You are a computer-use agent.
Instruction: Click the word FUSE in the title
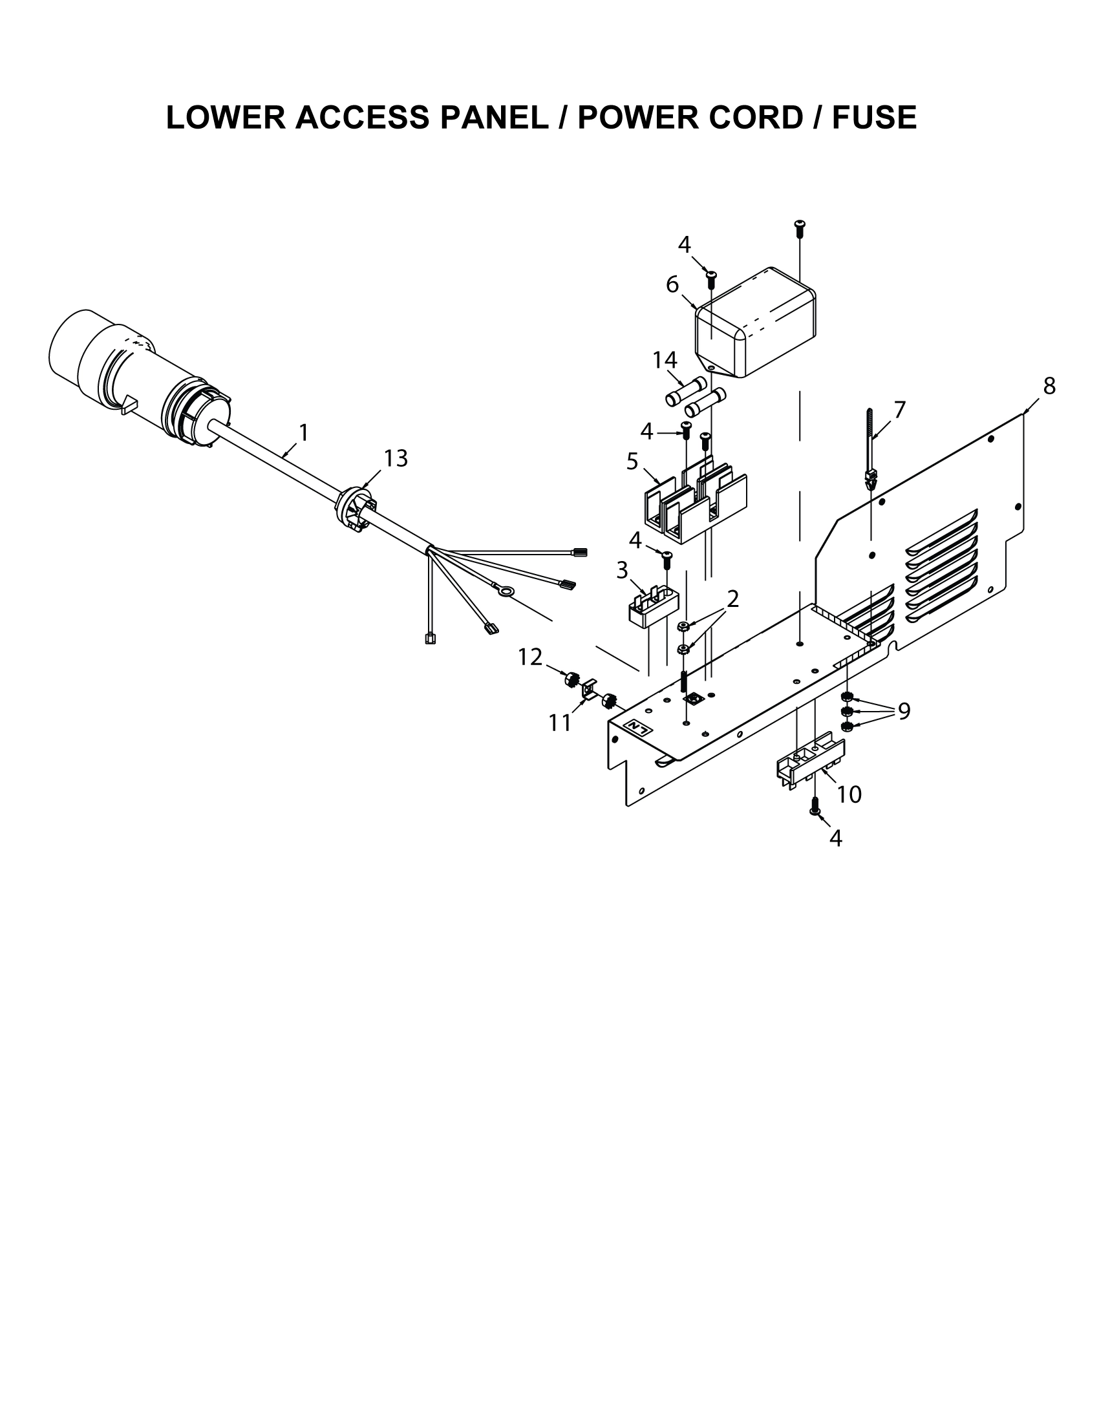coord(875,118)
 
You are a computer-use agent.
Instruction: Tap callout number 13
coord(395,459)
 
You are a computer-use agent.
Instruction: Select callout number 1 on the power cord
coord(303,432)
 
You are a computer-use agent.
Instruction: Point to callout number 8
coord(1049,386)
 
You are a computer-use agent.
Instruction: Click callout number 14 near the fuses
coord(665,359)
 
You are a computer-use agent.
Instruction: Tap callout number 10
coord(849,794)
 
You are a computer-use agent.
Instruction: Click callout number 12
coord(530,657)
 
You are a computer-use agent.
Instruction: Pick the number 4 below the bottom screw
coord(836,838)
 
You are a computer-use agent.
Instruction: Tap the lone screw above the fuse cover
coord(800,228)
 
